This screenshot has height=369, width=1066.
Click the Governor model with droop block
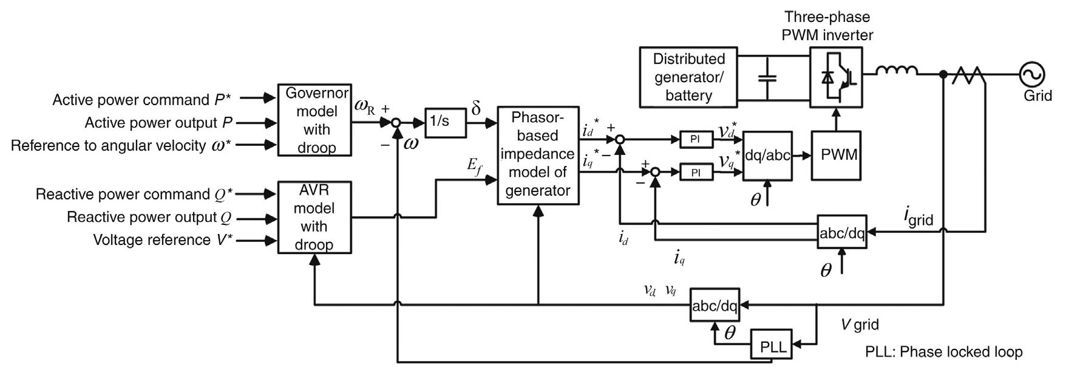[314, 120]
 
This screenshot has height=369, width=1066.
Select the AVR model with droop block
[314, 217]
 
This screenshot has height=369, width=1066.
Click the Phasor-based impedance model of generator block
[537, 155]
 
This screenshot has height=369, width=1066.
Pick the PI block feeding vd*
[695, 139]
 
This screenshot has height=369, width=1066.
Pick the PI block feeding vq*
[695, 173]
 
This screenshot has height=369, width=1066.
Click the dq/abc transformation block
[767, 156]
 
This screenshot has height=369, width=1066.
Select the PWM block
[839, 156]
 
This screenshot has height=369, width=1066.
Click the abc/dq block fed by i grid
[841, 232]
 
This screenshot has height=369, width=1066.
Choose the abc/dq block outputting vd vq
[715, 305]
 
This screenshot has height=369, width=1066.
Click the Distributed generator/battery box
[688, 77]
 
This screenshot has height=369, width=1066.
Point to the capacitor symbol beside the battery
[767, 78]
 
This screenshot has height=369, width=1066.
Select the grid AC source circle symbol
[1032, 75]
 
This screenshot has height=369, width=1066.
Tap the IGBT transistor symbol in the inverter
[837, 77]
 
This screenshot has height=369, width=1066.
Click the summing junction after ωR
[396, 123]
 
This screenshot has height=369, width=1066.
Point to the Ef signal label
[474, 165]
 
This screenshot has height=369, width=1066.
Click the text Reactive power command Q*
[134, 195]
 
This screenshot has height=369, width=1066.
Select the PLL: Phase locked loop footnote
[943, 352]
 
